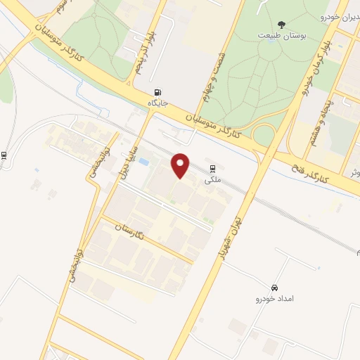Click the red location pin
181,165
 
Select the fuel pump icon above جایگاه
157,91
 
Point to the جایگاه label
156,103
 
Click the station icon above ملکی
212,168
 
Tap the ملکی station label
212,179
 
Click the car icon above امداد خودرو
274,288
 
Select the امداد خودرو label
273,300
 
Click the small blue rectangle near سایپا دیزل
144,162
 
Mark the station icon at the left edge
5,156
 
